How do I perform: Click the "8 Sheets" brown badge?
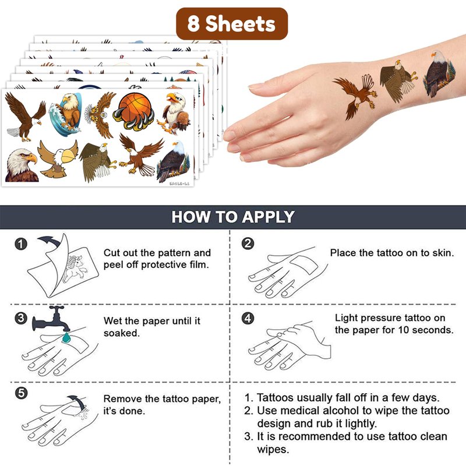[x=232, y=24]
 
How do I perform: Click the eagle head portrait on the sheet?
[x=22, y=165]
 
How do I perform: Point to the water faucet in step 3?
[x=51, y=319]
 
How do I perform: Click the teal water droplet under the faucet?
[x=66, y=338]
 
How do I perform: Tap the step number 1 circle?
[x=21, y=244]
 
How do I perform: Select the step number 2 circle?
[x=248, y=243]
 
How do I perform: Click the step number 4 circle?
[x=248, y=318]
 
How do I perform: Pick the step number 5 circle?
[x=21, y=393]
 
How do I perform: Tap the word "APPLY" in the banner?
[x=268, y=217]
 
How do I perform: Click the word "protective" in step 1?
[x=164, y=265]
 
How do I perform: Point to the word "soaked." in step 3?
[x=122, y=333]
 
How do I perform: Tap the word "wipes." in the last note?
[x=273, y=449]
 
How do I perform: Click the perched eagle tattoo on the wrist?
[x=439, y=74]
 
